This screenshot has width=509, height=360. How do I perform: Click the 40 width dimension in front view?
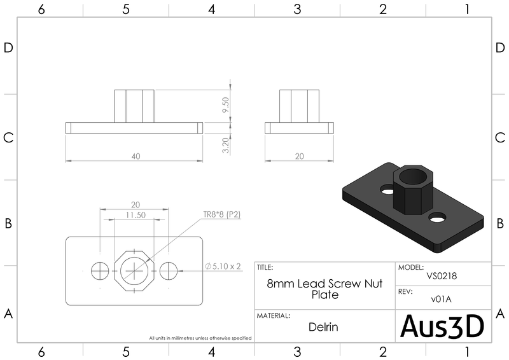click(x=134, y=155)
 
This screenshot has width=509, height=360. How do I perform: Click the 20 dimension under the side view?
click(x=299, y=155)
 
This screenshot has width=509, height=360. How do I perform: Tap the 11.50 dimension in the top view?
click(x=135, y=215)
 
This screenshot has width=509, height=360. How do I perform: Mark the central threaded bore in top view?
click(x=135, y=270)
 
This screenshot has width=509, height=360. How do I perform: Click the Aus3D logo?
click(x=442, y=326)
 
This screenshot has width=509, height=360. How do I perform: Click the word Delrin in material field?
click(x=324, y=328)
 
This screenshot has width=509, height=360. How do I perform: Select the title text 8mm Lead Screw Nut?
click(x=324, y=284)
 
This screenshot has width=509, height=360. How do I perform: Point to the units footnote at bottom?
click(x=200, y=338)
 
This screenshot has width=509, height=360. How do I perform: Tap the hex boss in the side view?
click(x=299, y=106)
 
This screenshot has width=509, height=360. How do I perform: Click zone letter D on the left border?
click(x=9, y=49)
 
